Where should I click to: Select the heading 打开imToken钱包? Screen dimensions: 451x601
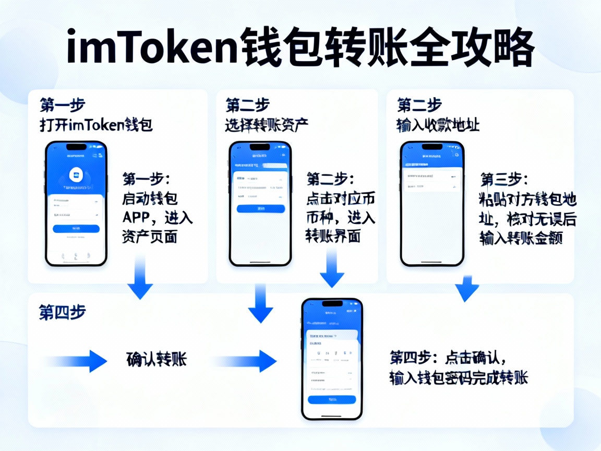coord(96,125)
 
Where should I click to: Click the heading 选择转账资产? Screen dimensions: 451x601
coord(267,125)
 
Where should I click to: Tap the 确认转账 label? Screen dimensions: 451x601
coord(157,360)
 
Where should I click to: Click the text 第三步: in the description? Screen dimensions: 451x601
coord(504,180)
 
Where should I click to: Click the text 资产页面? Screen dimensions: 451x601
coord(150,236)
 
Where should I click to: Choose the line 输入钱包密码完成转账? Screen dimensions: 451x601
coord(459,378)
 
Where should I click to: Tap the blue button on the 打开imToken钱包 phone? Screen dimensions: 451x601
coord(76,229)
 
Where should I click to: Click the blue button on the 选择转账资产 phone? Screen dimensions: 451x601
coord(261,208)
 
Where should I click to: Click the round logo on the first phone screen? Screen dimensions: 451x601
coord(76,175)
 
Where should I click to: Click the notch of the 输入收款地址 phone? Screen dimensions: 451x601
coord(431,147)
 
